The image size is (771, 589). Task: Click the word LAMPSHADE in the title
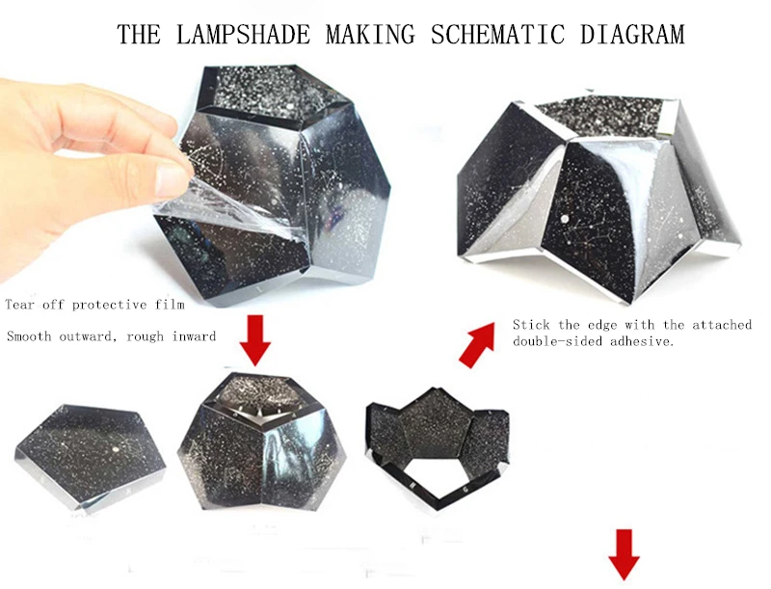(244, 35)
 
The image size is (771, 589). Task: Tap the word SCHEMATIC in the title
(497, 35)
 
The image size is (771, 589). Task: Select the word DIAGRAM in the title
(632, 35)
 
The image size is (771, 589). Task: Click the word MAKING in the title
(370, 35)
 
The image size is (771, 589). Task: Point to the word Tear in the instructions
(20, 305)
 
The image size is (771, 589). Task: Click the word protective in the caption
(109, 306)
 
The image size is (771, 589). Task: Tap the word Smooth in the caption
(29, 336)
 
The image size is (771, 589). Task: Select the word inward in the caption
(194, 336)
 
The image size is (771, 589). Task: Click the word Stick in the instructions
(532, 325)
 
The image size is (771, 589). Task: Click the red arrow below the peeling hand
(254, 340)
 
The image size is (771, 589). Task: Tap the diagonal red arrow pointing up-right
(476, 345)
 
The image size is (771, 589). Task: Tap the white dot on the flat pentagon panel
(115, 449)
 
